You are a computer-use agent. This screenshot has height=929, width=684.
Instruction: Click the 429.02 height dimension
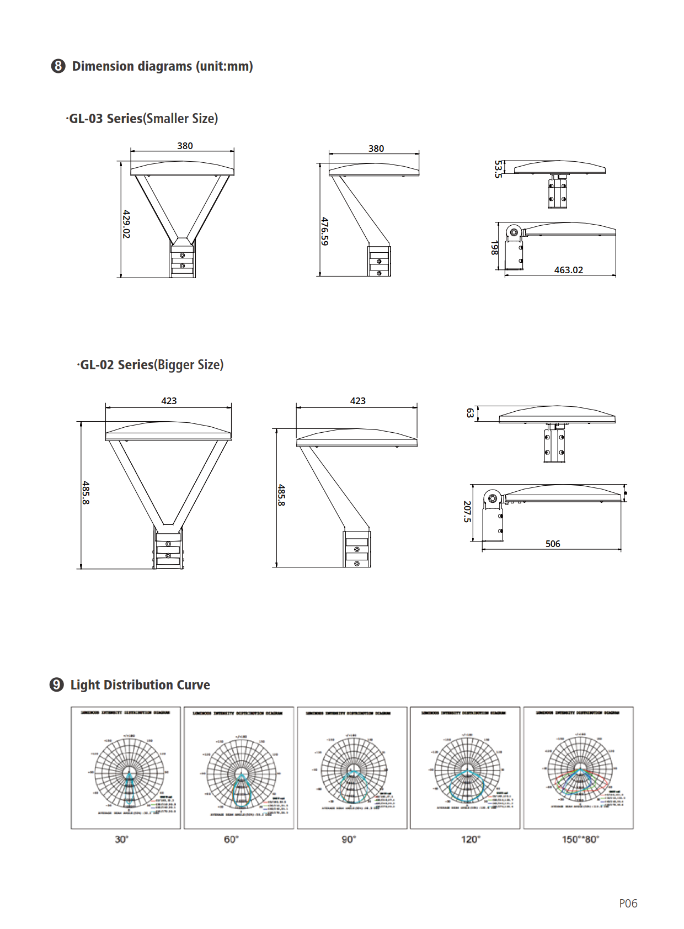pos(126,224)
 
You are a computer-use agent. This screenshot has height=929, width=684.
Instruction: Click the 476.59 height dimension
pos(324,231)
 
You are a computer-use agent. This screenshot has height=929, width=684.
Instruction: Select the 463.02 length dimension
pos(568,270)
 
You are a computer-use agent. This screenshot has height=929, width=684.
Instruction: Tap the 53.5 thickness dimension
pos(498,169)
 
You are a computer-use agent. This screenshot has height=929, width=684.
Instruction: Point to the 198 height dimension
pos(494,248)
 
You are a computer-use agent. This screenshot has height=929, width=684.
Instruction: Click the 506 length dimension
pos(553,544)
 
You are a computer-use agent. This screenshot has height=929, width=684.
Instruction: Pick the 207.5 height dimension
pos(467,512)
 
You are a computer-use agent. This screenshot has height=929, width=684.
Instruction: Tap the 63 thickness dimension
pos(470,413)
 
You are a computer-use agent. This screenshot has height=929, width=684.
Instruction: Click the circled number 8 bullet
pos(58,66)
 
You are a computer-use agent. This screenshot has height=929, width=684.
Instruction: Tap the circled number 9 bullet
pos(57,685)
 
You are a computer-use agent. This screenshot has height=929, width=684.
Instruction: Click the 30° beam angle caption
pos(121,839)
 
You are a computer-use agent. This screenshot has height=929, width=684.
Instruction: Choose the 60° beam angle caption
pos(231,839)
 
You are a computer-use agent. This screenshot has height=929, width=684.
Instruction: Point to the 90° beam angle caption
pos(349,839)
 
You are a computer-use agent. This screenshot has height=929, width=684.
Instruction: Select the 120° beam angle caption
pos(471,839)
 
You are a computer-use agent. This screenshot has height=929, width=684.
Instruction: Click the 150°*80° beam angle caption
pos(580,839)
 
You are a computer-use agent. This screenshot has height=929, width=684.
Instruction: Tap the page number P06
pos(628,904)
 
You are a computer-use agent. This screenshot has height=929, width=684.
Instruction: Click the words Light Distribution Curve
pos(140,685)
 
